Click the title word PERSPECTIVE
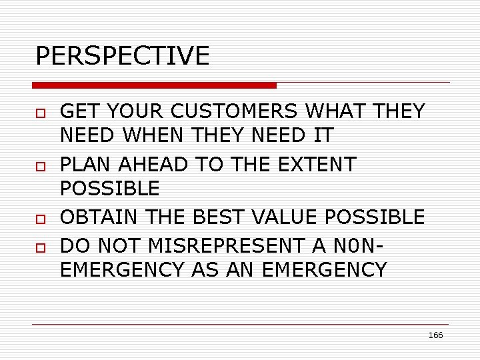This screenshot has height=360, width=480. pyautogui.click(x=122, y=56)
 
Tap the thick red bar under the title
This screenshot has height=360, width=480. pyautogui.click(x=155, y=85)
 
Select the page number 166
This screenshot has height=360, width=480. pyautogui.click(x=435, y=335)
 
